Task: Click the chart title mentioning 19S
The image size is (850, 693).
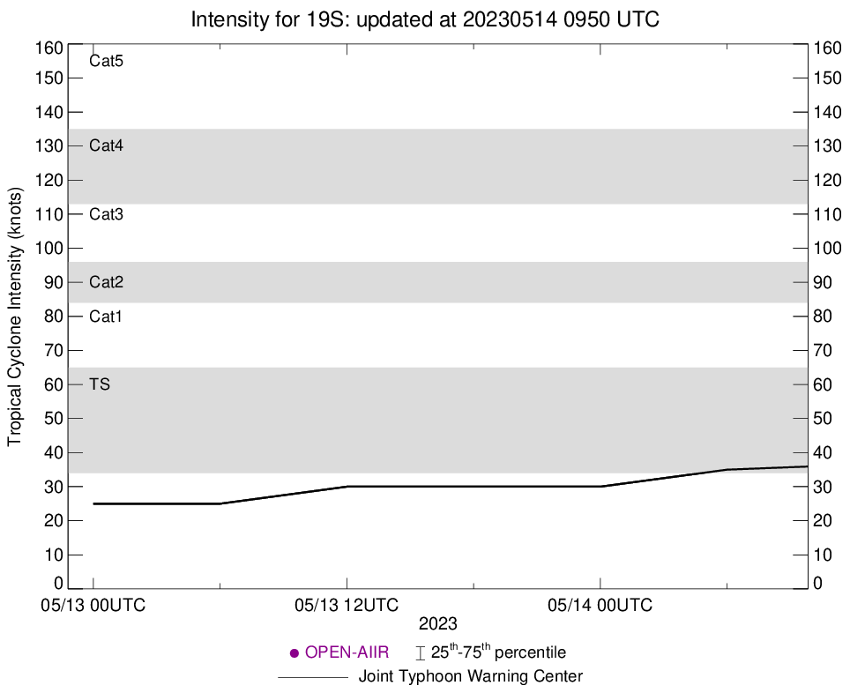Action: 425,19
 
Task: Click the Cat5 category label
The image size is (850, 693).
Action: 106,62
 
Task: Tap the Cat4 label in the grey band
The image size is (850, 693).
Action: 106,145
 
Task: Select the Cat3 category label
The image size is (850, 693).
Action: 106,214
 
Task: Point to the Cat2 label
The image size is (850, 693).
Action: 106,282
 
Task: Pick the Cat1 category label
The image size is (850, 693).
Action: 106,317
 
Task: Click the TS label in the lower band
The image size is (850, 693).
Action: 100,384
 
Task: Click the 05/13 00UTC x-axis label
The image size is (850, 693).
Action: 93,606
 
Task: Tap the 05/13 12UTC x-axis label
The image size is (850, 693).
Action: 347,606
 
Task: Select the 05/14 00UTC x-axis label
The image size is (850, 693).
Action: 600,606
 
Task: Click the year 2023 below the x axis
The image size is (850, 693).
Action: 437,624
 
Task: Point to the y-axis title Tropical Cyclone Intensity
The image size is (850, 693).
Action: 15,317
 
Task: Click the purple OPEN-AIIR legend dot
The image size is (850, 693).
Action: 295,653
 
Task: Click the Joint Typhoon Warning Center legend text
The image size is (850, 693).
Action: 471,677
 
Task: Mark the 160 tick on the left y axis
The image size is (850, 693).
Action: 50,48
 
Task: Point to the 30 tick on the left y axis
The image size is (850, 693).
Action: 54,487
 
